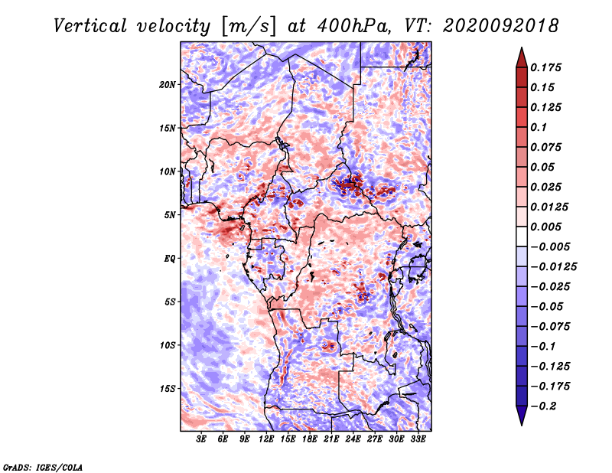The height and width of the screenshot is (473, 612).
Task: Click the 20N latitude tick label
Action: pyautogui.click(x=168, y=85)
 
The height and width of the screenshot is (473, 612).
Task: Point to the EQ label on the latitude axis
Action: pyautogui.click(x=169, y=259)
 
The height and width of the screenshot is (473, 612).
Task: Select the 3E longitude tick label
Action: pyautogui.click(x=200, y=439)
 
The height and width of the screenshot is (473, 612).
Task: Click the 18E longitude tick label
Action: pyautogui.click(x=309, y=439)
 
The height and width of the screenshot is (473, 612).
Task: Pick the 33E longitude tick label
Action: pyautogui.click(x=418, y=439)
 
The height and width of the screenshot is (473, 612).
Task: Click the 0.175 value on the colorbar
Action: pyautogui.click(x=545, y=67)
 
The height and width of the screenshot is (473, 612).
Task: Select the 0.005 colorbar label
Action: pyautogui.click(x=545, y=227)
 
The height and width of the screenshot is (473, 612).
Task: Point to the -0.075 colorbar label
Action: pyautogui.click(x=550, y=327)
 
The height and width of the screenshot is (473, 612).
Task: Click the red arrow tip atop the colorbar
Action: pyautogui.click(x=522, y=47)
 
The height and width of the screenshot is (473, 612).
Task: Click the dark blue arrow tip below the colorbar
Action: pyautogui.click(x=522, y=425)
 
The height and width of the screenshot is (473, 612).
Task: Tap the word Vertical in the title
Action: pyautogui.click(x=90, y=26)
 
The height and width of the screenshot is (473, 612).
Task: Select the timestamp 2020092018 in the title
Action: pyautogui.click(x=501, y=26)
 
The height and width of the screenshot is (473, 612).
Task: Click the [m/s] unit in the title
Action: pyautogui.click(x=249, y=26)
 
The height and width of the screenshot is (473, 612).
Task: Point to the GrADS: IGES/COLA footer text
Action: pyautogui.click(x=42, y=467)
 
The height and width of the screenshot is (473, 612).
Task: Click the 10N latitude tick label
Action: pyautogui.click(x=168, y=171)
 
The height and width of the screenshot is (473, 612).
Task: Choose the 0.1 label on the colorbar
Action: pyautogui.click(x=539, y=127)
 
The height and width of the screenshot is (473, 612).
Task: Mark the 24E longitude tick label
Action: pyautogui.click(x=353, y=439)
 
